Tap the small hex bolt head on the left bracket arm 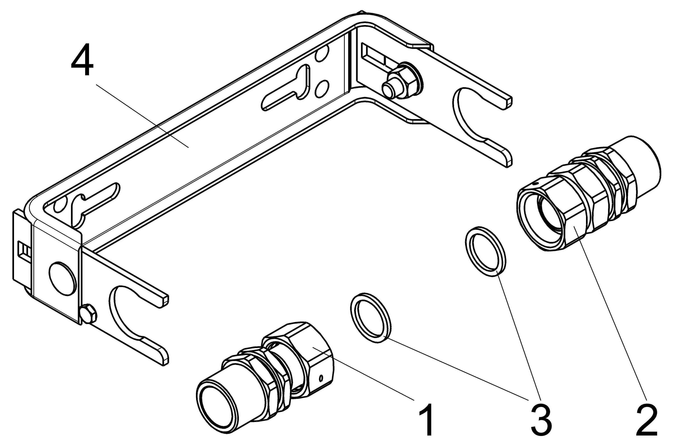(x=89, y=314)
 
